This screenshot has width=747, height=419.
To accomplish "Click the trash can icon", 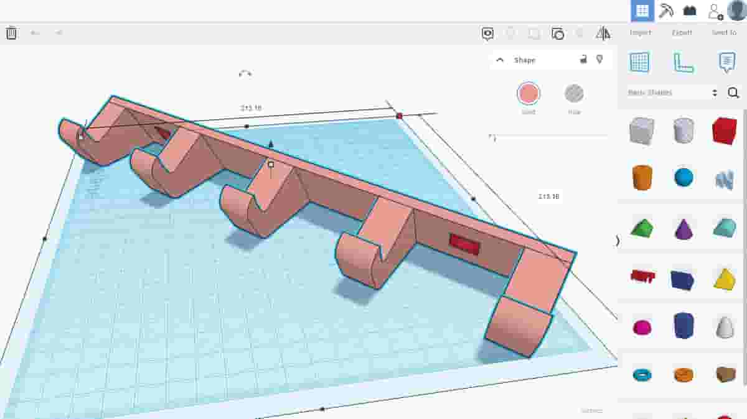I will tap(11, 33).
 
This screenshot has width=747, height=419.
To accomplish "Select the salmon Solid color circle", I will tap(529, 94).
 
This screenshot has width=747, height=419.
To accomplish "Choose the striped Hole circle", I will tap(574, 94).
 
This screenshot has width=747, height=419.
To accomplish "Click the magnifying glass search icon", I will tap(733, 93).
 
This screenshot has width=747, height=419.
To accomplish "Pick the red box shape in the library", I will tap(724, 131).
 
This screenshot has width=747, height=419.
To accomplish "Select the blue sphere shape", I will tap(683, 177).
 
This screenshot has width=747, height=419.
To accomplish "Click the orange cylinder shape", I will tap(641, 177).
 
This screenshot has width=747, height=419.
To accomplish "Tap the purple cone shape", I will tap(683, 229).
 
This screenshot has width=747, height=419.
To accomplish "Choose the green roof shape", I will tap(641, 228).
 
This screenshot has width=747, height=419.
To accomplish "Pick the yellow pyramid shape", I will tap(724, 279).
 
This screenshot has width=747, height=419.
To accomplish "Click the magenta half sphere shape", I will tap(641, 327).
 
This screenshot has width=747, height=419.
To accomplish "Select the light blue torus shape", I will tap(641, 374).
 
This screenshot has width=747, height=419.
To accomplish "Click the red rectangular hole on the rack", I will tap(464, 244).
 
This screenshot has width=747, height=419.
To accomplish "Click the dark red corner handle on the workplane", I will tap(399, 116).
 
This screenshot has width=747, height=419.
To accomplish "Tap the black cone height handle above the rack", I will tap(270, 144).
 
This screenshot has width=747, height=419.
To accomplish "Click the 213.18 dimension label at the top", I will tap(251, 108).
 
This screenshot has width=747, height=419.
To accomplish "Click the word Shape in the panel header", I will tap(524, 60).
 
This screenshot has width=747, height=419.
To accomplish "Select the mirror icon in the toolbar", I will tap(603, 34).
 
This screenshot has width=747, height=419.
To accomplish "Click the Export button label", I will tap(682, 32).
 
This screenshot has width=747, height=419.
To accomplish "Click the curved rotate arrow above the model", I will tap(245, 73).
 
